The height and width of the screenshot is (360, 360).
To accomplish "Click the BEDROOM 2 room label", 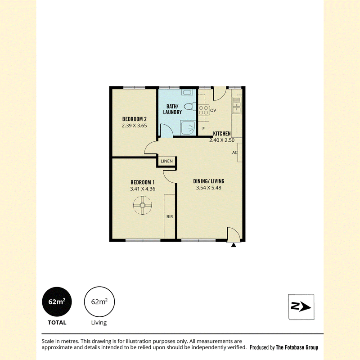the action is pyautogui.click(x=134, y=119).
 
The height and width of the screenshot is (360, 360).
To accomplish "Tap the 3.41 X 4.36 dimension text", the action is pyautogui.click(x=143, y=189).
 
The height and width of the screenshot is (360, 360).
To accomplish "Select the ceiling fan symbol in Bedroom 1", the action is pyautogui.click(x=142, y=205).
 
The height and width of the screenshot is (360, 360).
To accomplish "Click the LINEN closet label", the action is pyautogui.click(x=166, y=161).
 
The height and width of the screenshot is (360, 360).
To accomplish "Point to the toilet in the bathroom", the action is pyautogui.click(x=189, y=107).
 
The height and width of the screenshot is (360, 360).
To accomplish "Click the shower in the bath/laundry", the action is pyautogui.click(x=188, y=128).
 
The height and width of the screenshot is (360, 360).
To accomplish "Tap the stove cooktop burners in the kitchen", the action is pyautogui.click(x=204, y=110).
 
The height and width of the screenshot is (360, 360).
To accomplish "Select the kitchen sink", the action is pyautogui.click(x=236, y=105).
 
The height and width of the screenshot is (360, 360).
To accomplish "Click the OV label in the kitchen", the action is pyautogui.click(x=213, y=110).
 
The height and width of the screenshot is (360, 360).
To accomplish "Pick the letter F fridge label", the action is pyautogui.click(x=203, y=129).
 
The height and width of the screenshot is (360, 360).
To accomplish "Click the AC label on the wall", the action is pyautogui.click(x=234, y=153).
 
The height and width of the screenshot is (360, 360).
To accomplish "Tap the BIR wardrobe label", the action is pyautogui.click(x=170, y=216).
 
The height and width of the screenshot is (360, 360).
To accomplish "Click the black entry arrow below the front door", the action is pyautogui.click(x=234, y=245).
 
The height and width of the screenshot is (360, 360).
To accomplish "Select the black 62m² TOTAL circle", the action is pyautogui.click(x=57, y=301).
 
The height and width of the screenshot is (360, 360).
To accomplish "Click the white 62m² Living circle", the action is pyautogui.click(x=99, y=301).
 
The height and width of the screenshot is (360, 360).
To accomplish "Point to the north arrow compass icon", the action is pyautogui.click(x=301, y=307).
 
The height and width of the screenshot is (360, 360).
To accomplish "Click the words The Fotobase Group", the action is pyautogui.click(x=297, y=347).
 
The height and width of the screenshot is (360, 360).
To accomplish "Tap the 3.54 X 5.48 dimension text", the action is pyautogui.click(x=209, y=188).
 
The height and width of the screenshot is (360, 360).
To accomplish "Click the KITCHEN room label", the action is pyautogui.click(x=222, y=133).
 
